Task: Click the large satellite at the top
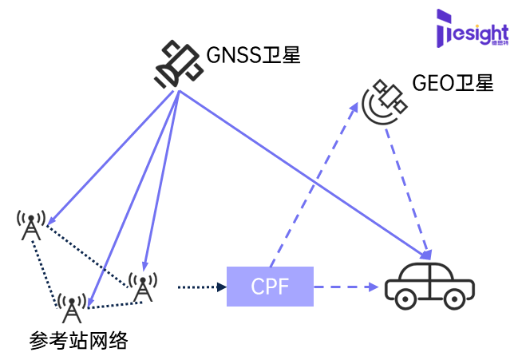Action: point(178,64)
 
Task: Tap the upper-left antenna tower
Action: point(31,224)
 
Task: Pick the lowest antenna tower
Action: point(72,308)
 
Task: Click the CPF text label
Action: point(270,287)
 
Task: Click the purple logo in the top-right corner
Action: point(473,28)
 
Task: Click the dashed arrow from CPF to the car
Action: point(345,287)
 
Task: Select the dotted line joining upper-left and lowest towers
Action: point(46,267)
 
